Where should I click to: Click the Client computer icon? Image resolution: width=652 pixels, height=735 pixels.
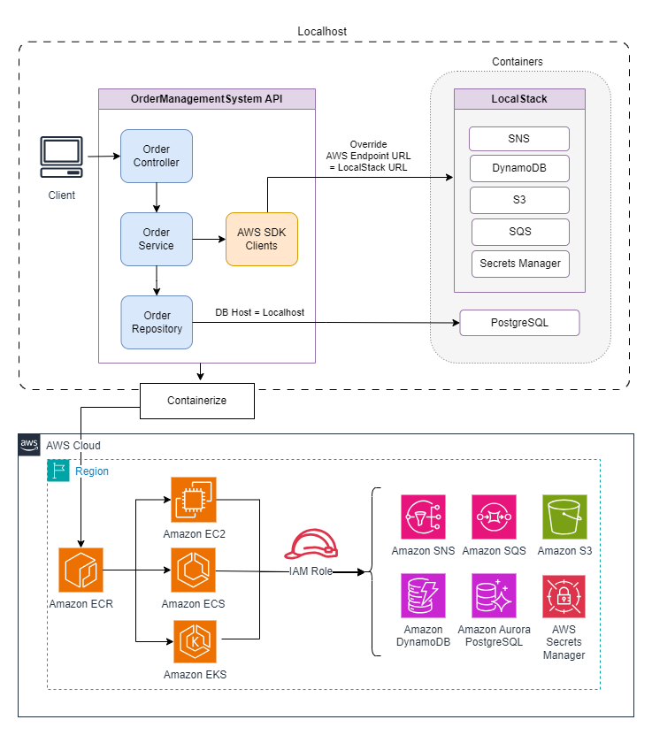pos(62,157)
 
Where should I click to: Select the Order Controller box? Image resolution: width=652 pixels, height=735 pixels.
pos(157,156)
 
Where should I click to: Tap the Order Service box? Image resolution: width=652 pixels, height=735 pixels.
pos(157,239)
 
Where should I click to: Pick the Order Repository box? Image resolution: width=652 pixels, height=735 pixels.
pos(157,322)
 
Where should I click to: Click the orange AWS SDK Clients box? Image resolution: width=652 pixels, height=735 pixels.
pos(262,239)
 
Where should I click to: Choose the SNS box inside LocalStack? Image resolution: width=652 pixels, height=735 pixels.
pos(518,139)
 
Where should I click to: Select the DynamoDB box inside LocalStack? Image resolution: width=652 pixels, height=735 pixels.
pos(518,168)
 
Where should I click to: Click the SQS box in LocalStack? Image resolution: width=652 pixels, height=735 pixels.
pos(518,232)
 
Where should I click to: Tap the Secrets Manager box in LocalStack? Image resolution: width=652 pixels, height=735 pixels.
pos(518,264)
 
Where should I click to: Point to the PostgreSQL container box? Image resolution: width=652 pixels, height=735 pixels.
pos(519,323)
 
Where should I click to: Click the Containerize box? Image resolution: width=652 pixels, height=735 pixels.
pos(197,401)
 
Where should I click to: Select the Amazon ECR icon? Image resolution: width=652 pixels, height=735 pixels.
pos(81,570)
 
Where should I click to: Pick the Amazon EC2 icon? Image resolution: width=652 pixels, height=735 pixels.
pos(194,500)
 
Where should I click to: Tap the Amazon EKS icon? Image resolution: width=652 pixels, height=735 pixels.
pos(194,640)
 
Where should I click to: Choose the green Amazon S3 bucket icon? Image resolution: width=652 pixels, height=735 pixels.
pos(564,517)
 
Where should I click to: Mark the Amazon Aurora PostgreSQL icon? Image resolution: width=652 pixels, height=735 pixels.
pos(495,596)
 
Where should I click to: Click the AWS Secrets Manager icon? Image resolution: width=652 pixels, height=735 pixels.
pos(564,596)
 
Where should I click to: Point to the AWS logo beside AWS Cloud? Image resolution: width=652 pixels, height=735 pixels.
pos(29,445)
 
